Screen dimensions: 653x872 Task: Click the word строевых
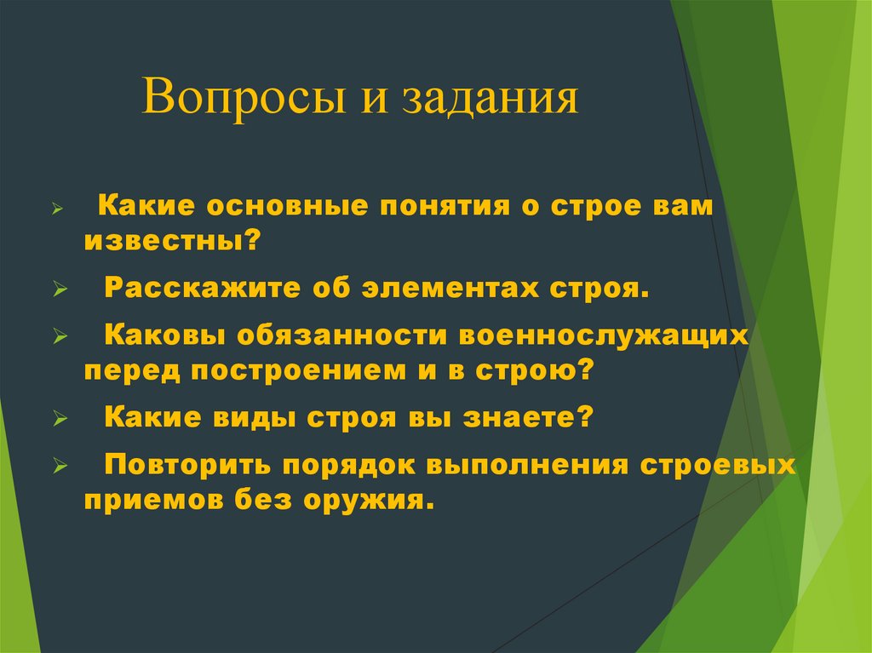tap(730, 465)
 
